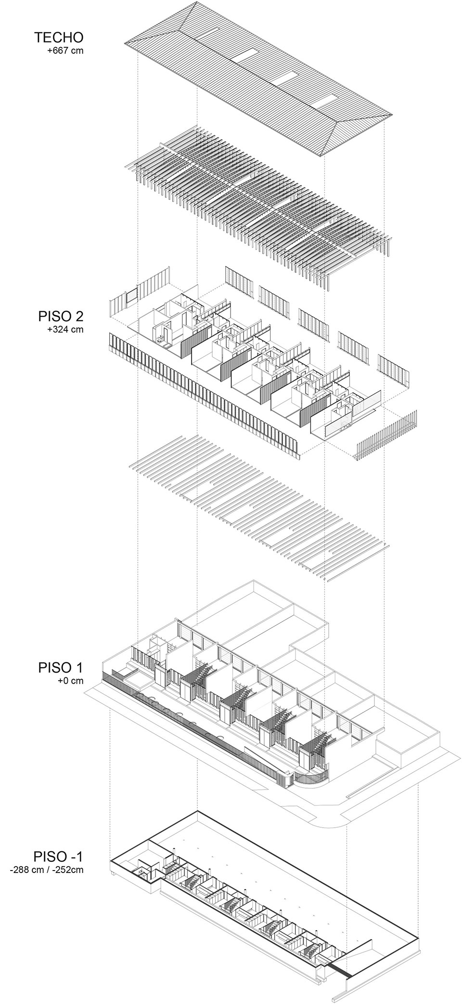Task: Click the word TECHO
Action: pos(59,37)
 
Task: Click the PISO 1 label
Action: pos(61,668)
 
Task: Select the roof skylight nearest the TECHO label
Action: pos(246,57)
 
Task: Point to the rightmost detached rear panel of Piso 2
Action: pos(393,370)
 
